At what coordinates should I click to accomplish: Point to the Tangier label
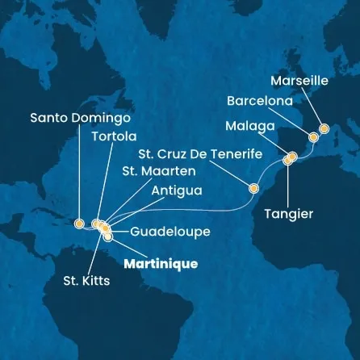(x=288, y=214)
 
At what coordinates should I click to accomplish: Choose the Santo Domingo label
(x=80, y=117)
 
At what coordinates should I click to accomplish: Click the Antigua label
(x=175, y=190)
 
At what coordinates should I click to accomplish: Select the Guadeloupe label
(x=161, y=232)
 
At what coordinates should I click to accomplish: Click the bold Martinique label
(x=161, y=263)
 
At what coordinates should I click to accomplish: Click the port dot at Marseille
(x=324, y=128)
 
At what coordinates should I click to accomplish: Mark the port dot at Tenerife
(x=253, y=189)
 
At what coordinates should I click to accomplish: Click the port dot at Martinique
(x=107, y=237)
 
